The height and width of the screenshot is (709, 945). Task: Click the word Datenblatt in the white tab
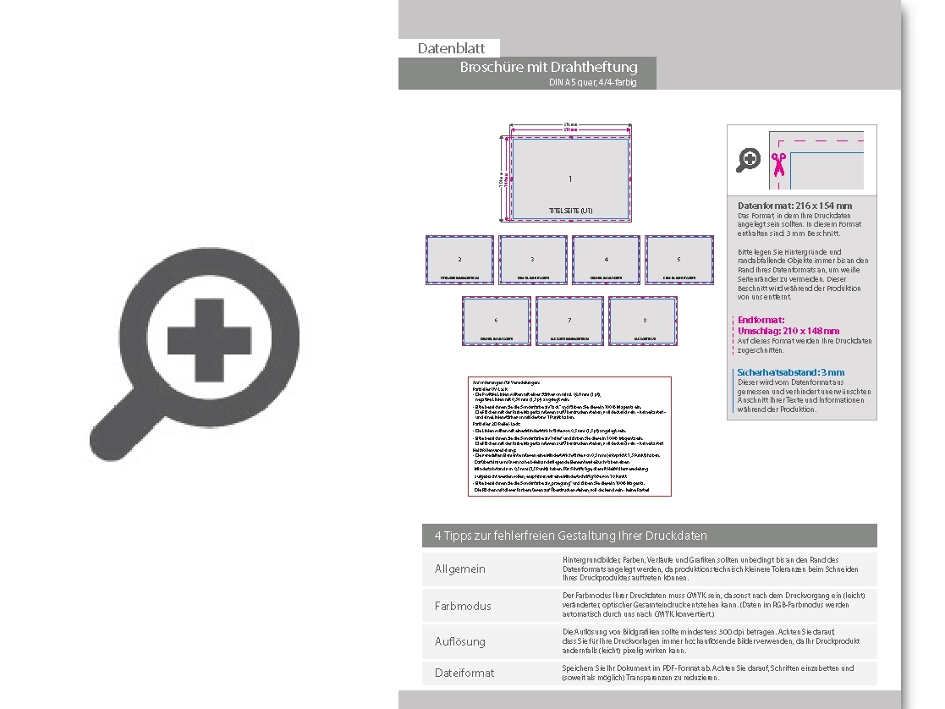click(x=451, y=49)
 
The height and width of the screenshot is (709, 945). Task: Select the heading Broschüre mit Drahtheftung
click(x=548, y=67)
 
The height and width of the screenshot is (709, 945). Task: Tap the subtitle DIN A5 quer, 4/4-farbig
click(x=592, y=83)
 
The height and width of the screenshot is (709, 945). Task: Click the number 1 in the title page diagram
click(x=570, y=179)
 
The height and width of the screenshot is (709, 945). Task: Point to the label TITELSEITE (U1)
click(x=570, y=210)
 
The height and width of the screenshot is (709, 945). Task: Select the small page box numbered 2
click(x=459, y=260)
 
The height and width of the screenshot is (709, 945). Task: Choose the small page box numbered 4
click(x=606, y=260)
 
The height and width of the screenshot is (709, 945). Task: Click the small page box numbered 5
click(x=679, y=260)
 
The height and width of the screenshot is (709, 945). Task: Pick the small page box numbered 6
click(x=497, y=321)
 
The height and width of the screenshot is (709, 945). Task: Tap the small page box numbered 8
click(x=643, y=321)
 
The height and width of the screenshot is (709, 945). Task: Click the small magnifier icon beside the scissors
click(x=748, y=159)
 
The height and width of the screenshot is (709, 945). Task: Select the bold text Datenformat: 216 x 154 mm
click(x=794, y=206)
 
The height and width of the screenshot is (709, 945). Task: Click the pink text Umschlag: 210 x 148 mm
click(x=788, y=331)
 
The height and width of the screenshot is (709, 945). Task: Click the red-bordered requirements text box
click(x=569, y=435)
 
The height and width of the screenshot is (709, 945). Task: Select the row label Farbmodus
click(x=463, y=606)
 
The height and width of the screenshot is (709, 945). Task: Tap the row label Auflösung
click(x=460, y=641)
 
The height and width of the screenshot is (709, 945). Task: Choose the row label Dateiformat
click(x=464, y=673)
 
